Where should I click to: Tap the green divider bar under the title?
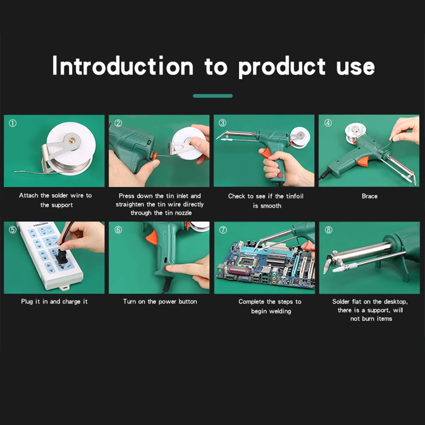[x=212, y=96]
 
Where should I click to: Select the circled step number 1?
[x=13, y=123]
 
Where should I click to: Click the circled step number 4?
[x=328, y=123]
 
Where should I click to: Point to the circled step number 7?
[x=223, y=230]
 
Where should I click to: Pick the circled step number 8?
[x=328, y=230]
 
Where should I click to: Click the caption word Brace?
[x=370, y=196]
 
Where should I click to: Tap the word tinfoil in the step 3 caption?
[x=294, y=196]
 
